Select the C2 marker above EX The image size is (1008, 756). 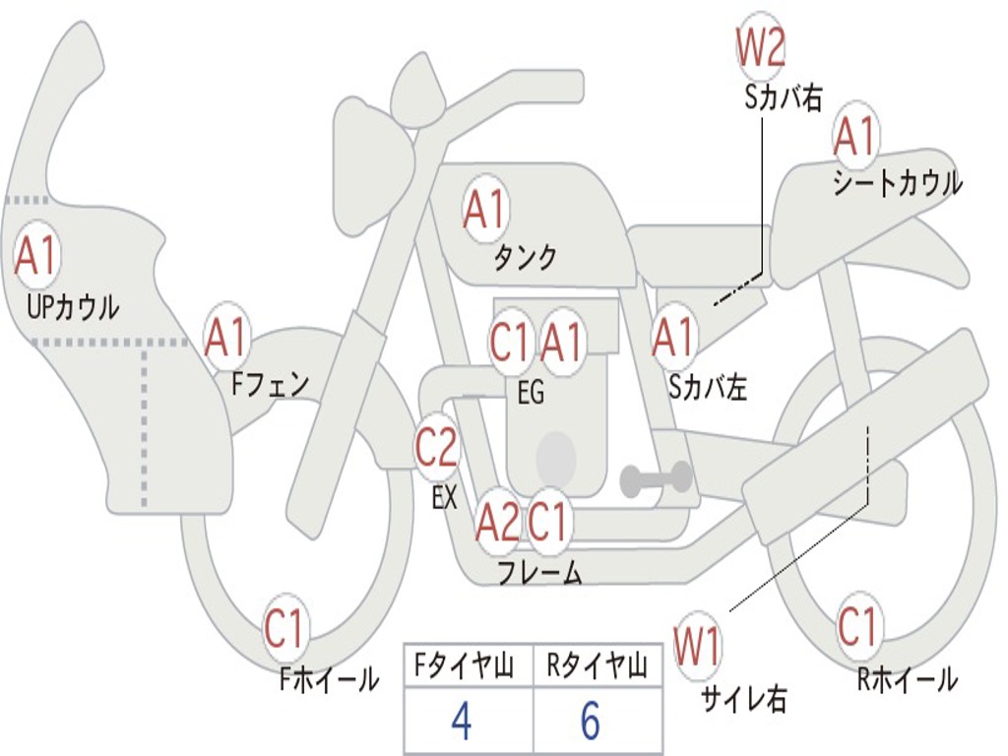[437, 446]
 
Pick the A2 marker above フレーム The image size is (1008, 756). [497, 522]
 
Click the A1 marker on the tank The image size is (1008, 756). [485, 209]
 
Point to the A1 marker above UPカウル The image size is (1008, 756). [36, 257]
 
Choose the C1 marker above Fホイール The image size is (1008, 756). [284, 628]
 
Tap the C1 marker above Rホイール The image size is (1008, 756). [857, 625]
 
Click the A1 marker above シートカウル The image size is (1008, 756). [856, 136]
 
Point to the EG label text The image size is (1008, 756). [531, 392]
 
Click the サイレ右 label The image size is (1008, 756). [744, 698]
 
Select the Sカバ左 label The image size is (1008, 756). [708, 387]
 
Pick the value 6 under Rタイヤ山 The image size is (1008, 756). [591, 720]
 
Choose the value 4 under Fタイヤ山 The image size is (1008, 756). [462, 720]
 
